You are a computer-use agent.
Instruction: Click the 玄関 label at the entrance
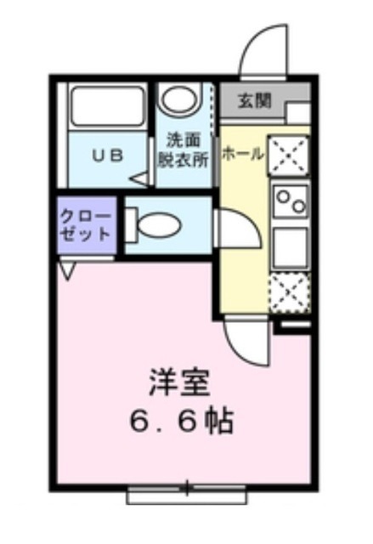[x=255, y=101]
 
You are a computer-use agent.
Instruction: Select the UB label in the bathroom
[x=107, y=156]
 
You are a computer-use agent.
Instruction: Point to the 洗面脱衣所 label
[x=183, y=149]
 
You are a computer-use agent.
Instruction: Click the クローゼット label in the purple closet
[x=86, y=224]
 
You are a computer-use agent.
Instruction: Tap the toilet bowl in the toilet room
[x=157, y=225]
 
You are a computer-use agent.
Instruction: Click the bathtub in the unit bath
[x=108, y=106]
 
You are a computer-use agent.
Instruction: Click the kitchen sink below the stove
[x=291, y=246]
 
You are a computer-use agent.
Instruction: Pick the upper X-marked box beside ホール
[x=290, y=156]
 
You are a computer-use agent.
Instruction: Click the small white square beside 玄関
[x=297, y=113]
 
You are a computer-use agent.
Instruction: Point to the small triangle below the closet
[x=68, y=271]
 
